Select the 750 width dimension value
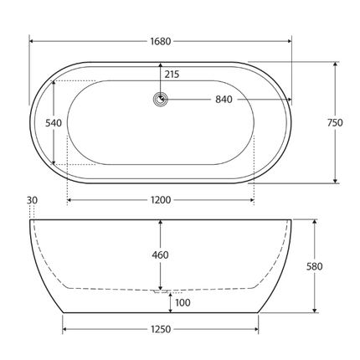pos(335,122)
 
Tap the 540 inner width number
pos(54,122)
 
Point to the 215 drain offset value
pos(172,75)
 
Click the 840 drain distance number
pos(224,100)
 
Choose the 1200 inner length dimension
pos(160,200)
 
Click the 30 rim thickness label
pos(33,200)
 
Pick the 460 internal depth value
pos(161,255)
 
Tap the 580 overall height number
pos(315,266)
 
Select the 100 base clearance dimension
pos(183,301)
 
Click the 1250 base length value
pos(161,329)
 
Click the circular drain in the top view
pos(161,100)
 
